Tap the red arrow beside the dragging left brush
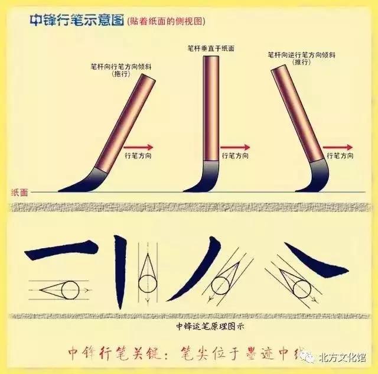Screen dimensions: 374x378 click(x=139, y=147)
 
